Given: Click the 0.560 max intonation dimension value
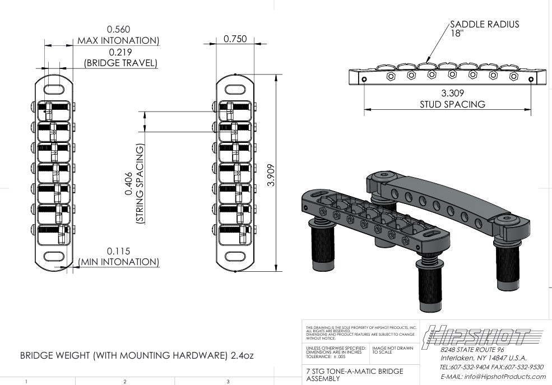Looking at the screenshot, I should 118,29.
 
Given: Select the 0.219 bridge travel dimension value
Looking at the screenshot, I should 120,52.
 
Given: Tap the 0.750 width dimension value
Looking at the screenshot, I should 235,39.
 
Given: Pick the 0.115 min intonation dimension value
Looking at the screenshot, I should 118,251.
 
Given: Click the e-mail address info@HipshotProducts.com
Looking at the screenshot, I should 493,377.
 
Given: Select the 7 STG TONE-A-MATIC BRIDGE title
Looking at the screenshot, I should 355,371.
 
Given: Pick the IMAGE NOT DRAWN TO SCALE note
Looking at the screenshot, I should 392,350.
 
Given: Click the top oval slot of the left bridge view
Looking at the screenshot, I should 54,90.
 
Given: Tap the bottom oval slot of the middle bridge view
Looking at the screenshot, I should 234,256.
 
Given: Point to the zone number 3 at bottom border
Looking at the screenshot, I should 228,382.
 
